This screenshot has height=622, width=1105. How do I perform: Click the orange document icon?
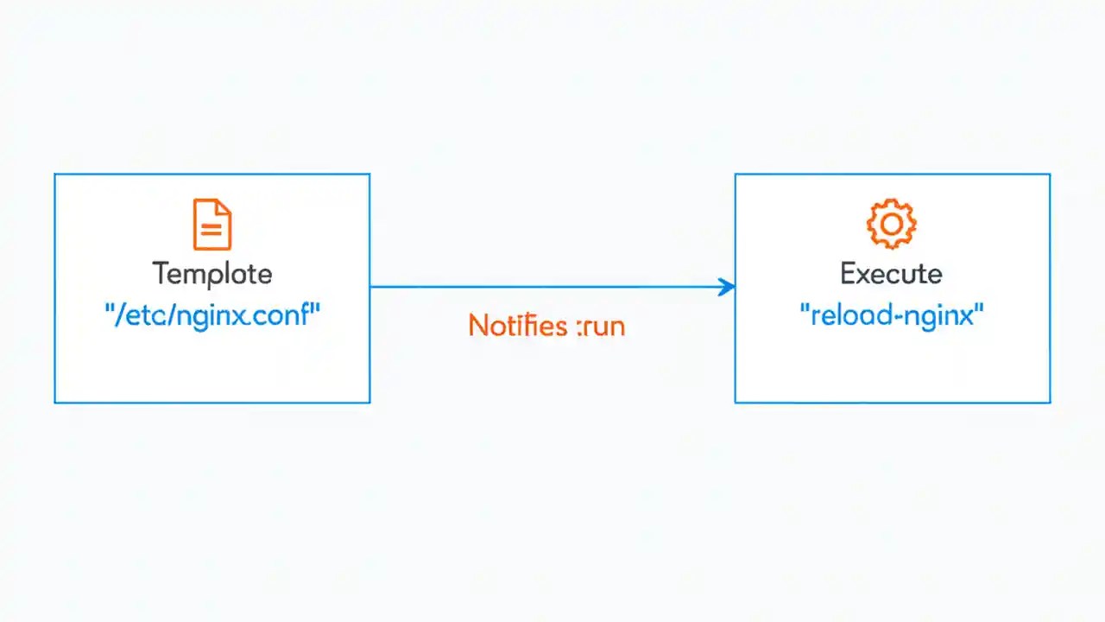pos(212,225)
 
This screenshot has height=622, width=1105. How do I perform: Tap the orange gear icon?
pos(891,225)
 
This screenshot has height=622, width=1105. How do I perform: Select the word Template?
pos(212,275)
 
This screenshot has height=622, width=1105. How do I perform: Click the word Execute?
pos(891,275)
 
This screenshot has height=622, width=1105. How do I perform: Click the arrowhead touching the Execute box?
pos(728,288)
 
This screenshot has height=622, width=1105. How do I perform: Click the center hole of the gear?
pos(891,225)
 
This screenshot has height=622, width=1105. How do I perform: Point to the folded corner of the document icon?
pos(224,207)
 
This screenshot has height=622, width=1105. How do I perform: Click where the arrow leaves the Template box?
pos(371,288)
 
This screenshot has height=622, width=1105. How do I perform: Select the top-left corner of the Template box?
pos(55,175)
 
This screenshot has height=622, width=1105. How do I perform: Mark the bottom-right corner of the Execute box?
pos(1050,402)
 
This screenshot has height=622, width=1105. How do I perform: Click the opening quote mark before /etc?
pos(109,313)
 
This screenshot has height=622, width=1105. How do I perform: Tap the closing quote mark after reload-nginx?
pos(980,313)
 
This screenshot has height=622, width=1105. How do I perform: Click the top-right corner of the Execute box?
pos(1050,175)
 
